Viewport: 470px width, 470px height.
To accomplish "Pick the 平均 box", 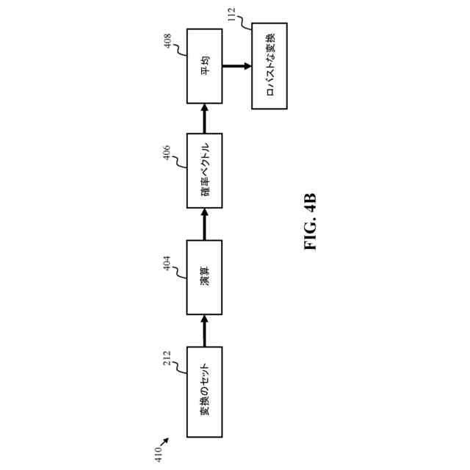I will tap(205, 66).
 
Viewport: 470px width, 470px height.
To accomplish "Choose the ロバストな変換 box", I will tap(270, 66).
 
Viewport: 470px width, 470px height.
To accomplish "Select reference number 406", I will tap(167, 153).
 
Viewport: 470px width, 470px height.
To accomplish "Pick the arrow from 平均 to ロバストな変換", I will tap(236, 66).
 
